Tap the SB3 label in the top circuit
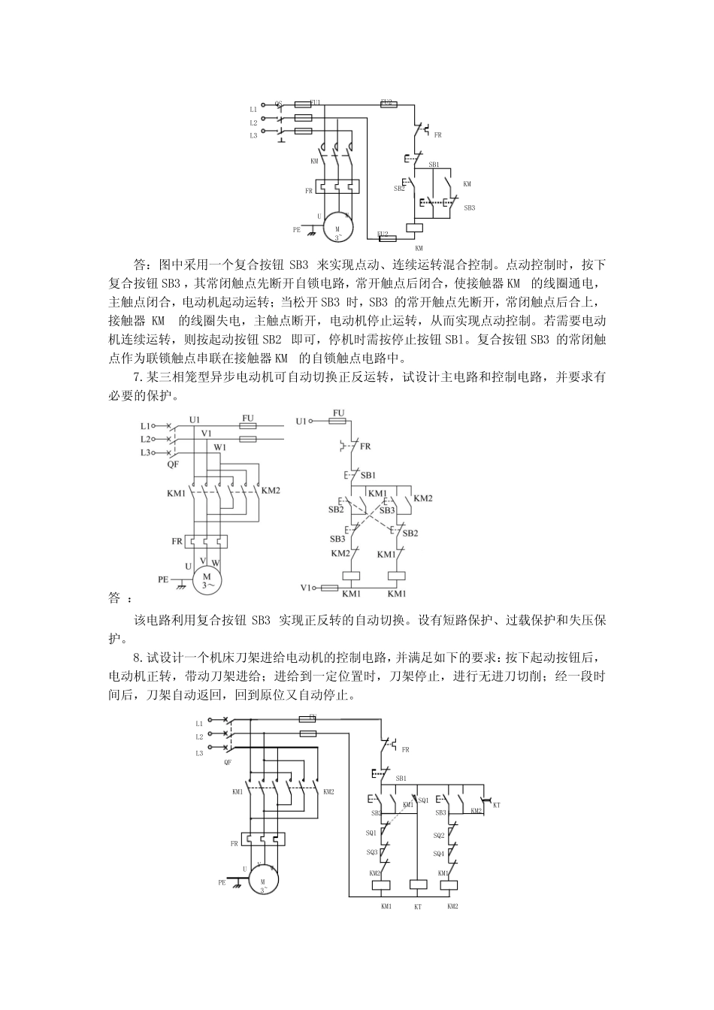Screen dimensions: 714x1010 tap(469, 207)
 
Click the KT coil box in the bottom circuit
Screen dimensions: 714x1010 tap(418, 885)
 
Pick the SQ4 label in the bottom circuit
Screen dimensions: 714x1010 tap(439, 853)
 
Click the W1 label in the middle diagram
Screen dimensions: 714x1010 tap(220, 448)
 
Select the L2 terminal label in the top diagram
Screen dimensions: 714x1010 tap(253, 122)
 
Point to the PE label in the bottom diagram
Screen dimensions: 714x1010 tap(222, 883)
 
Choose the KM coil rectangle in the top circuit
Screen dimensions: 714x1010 tap(414, 228)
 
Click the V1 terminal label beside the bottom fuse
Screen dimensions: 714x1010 tap(306, 587)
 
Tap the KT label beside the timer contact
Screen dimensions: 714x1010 tap(497, 805)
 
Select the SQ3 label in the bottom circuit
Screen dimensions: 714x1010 tap(372, 852)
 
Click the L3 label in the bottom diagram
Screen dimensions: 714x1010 tap(199, 752)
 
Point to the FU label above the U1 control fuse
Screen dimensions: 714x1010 tap(338, 413)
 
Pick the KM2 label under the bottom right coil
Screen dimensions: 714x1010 tap(452, 906)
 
